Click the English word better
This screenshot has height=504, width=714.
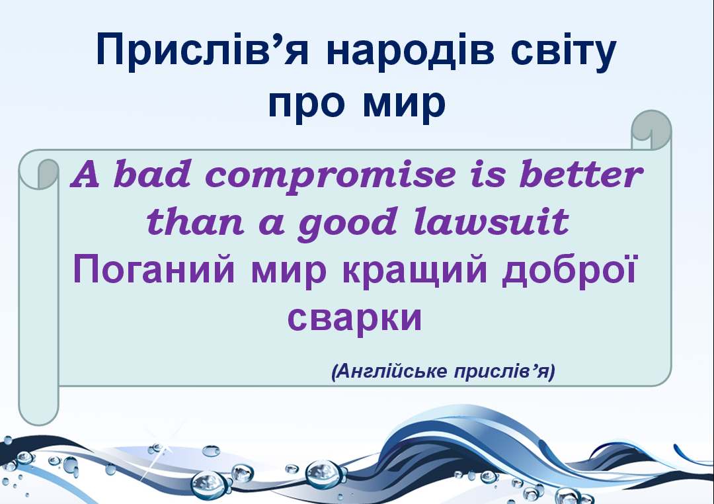point(581,174)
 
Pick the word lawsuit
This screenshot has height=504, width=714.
point(491,221)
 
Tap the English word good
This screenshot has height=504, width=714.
point(347,224)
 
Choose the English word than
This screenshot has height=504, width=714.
point(195,221)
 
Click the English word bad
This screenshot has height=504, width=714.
point(152,174)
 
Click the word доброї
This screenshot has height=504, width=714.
point(569,271)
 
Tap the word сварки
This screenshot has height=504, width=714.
point(355,319)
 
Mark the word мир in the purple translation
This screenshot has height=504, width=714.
point(289,273)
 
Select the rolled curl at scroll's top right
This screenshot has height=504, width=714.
point(651,130)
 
